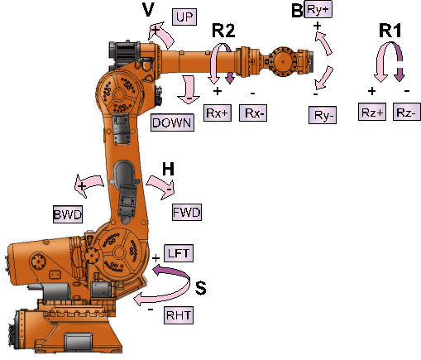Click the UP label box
coord(184,17)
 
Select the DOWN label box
coord(172,122)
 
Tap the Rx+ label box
coord(218,113)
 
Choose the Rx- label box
coord(253,113)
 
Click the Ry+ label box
coord(318,9)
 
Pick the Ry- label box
coord(323,115)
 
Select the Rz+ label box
coord(372,112)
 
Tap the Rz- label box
coord(407,112)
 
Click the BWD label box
coord(68,214)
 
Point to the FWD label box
coord(187,212)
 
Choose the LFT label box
coord(179,253)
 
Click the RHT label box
coord(179,315)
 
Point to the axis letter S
coord(201,288)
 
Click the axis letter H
coord(168,169)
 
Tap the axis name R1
coord(390,31)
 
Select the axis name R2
coord(223,31)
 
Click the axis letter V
coord(148,10)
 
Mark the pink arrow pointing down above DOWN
coord(189,89)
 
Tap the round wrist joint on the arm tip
coord(283,62)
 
